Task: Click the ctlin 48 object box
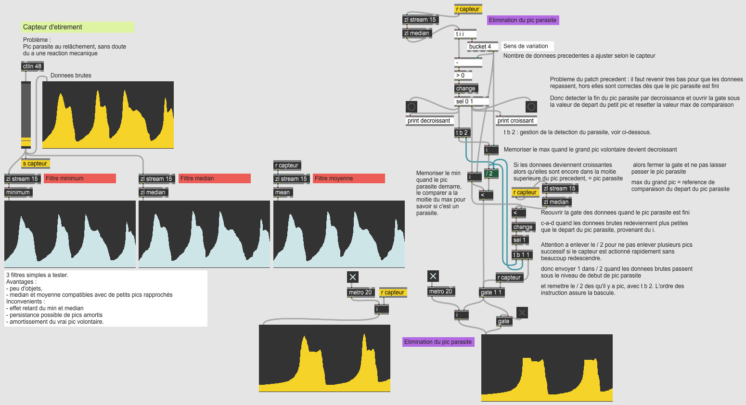click(32, 66)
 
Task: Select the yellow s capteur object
click(35, 164)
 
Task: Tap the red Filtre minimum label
click(79, 178)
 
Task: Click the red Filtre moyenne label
click(348, 178)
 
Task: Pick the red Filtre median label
click(214, 178)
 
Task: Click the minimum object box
click(18, 192)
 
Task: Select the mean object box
click(283, 192)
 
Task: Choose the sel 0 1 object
click(471, 101)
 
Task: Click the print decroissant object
click(429, 121)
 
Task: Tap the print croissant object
click(516, 121)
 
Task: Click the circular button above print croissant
click(531, 107)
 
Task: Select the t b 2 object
click(462, 133)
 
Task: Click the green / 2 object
click(491, 174)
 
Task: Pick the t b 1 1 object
click(522, 255)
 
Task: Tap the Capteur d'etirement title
click(77, 27)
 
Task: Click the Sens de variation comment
click(527, 46)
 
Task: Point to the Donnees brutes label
click(71, 76)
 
